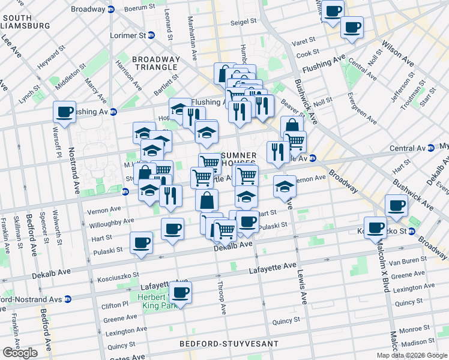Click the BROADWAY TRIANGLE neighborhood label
click(155, 63)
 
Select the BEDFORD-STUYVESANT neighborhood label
click(229, 344)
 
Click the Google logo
click(20, 352)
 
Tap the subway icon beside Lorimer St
click(152, 35)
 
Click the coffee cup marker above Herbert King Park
click(180, 293)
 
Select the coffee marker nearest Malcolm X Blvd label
click(376, 228)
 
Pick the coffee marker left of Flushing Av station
click(65, 111)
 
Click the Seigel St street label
click(244, 21)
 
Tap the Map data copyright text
click(412, 355)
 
